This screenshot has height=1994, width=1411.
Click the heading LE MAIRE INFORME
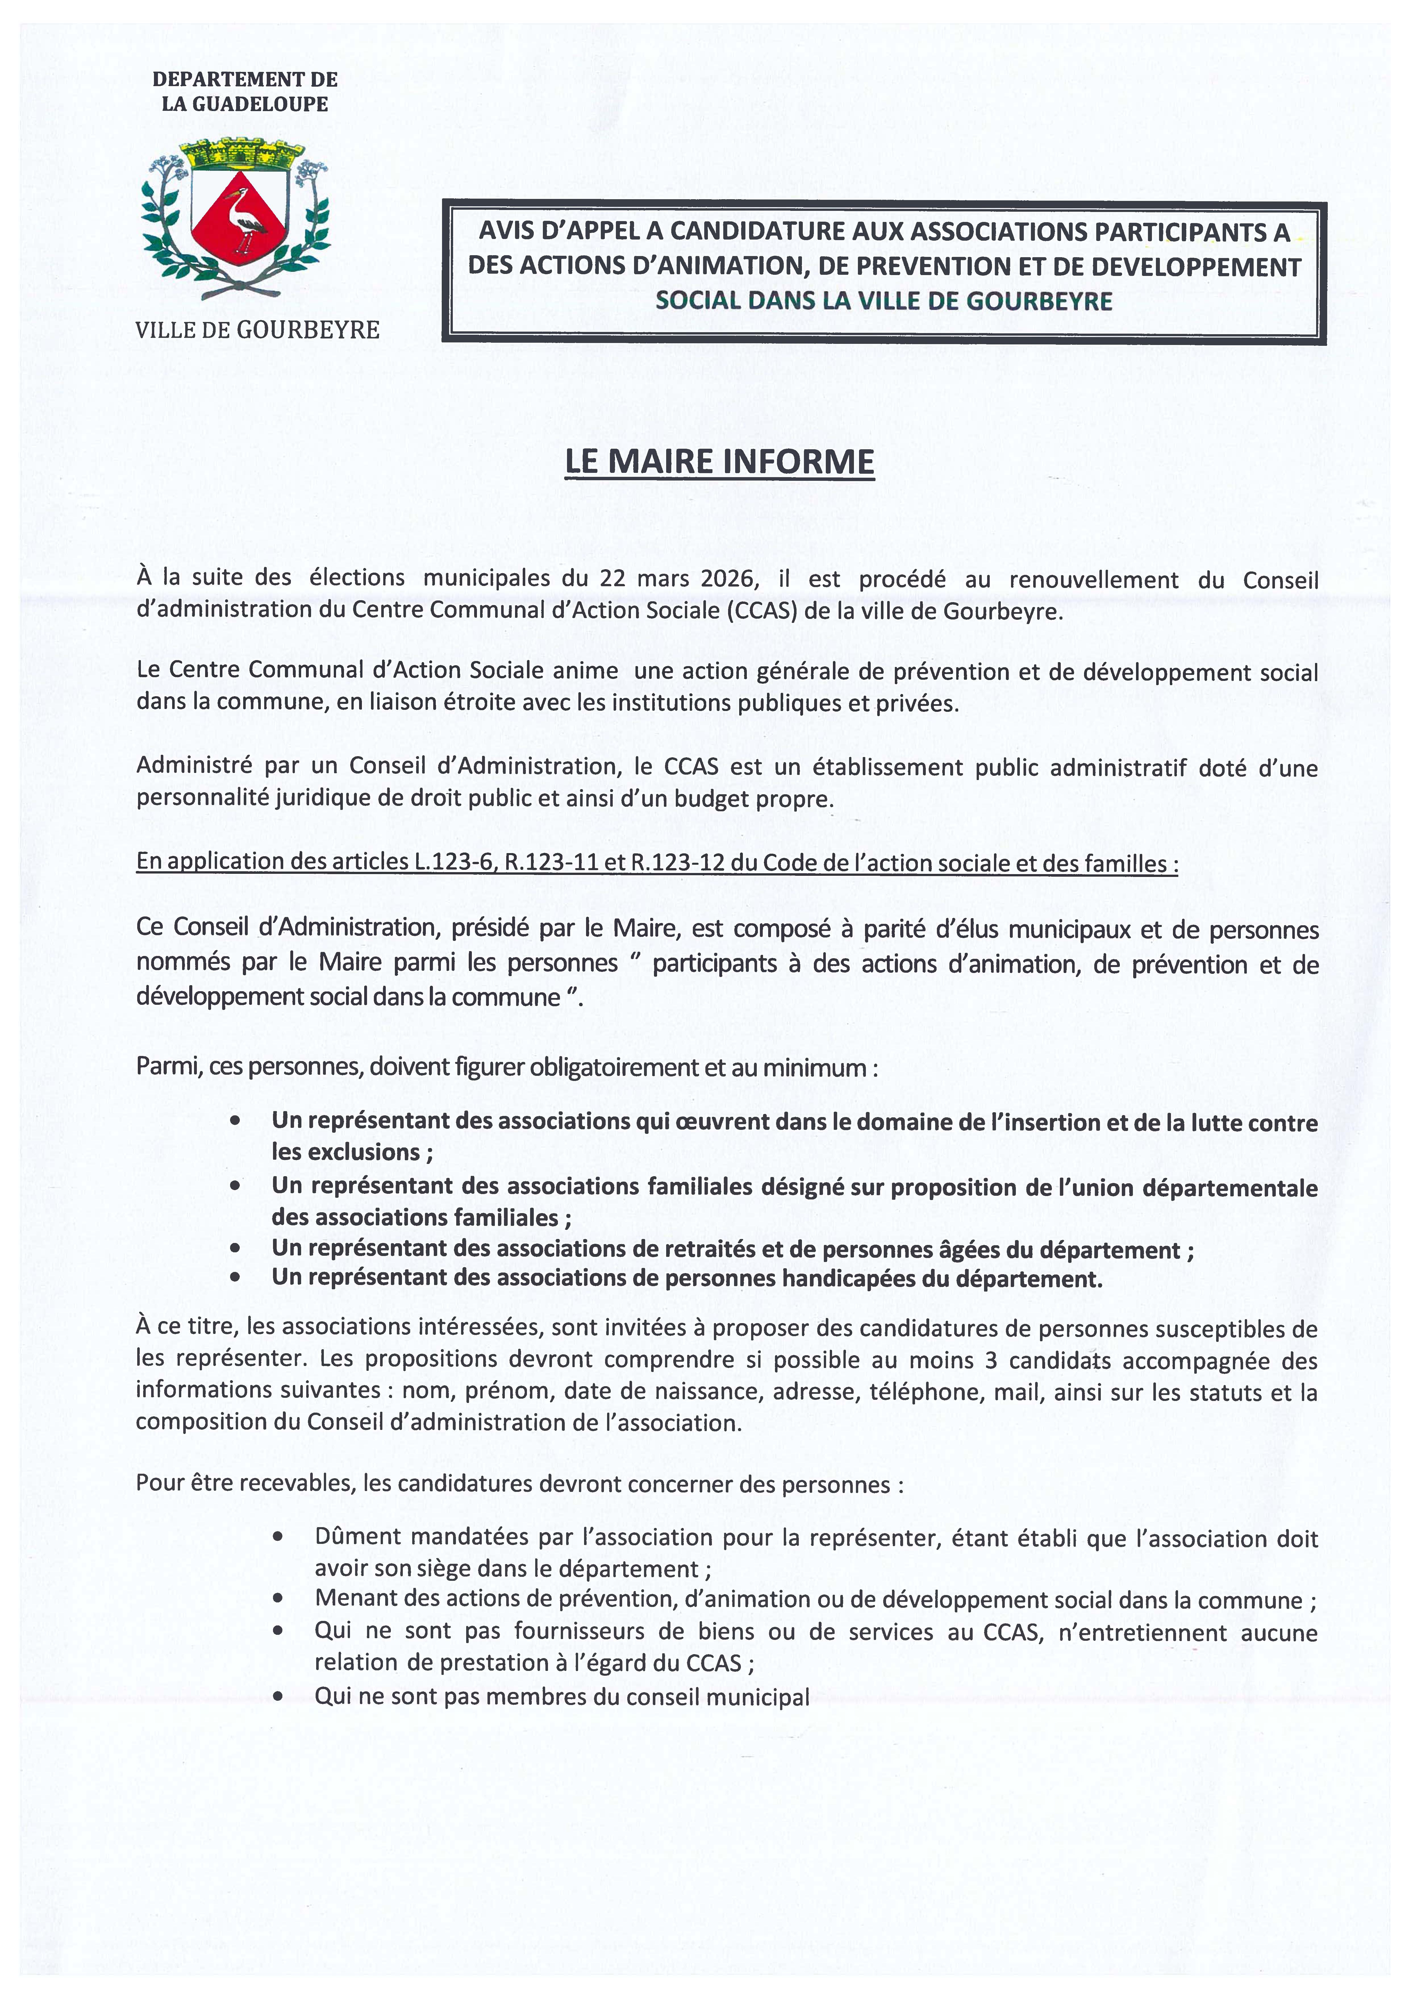719,461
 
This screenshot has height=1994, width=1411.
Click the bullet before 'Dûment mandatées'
278,1537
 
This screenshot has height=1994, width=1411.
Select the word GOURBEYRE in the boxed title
1040,301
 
